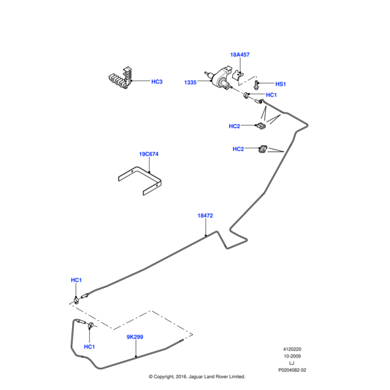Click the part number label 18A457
[240, 55]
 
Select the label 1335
[190, 83]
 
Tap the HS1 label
[280, 84]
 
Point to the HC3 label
[157, 82]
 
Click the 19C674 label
[148, 155]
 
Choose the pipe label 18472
[205, 215]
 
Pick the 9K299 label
[135, 338]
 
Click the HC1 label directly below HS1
[271, 95]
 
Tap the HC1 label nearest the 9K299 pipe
[90, 346]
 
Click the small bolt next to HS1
[257, 84]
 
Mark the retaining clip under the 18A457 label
[238, 73]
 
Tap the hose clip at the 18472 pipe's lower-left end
[77, 299]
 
